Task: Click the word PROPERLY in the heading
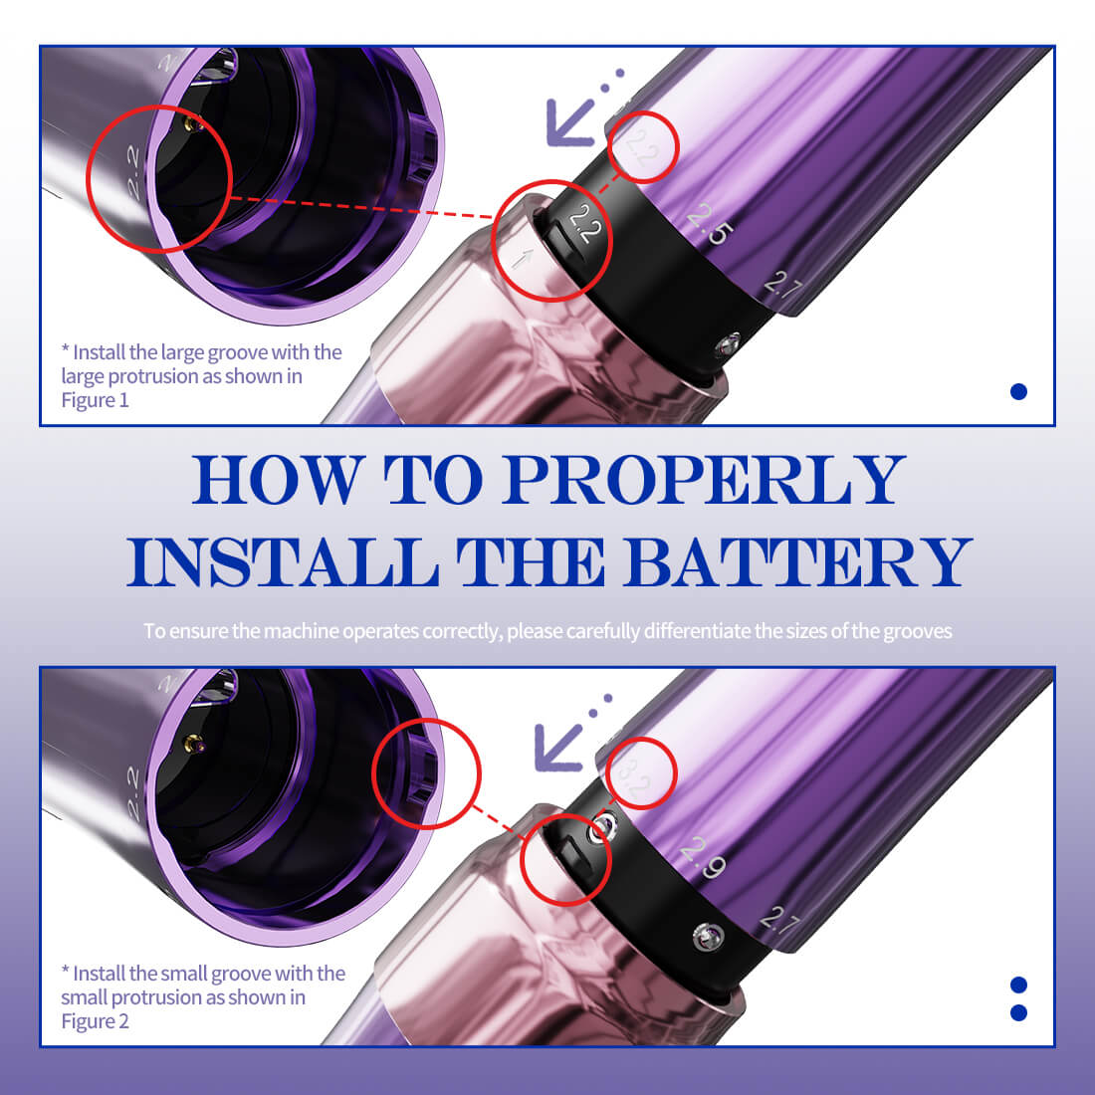pyautogui.click(x=703, y=480)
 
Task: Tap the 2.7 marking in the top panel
pyautogui.click(x=782, y=288)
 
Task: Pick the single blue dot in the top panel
pyautogui.click(x=1018, y=391)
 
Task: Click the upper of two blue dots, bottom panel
pyautogui.click(x=1018, y=985)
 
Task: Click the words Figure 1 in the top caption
pyautogui.click(x=96, y=400)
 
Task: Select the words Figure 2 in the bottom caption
pyautogui.click(x=96, y=1021)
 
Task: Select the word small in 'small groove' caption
pyautogui.click(x=184, y=974)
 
